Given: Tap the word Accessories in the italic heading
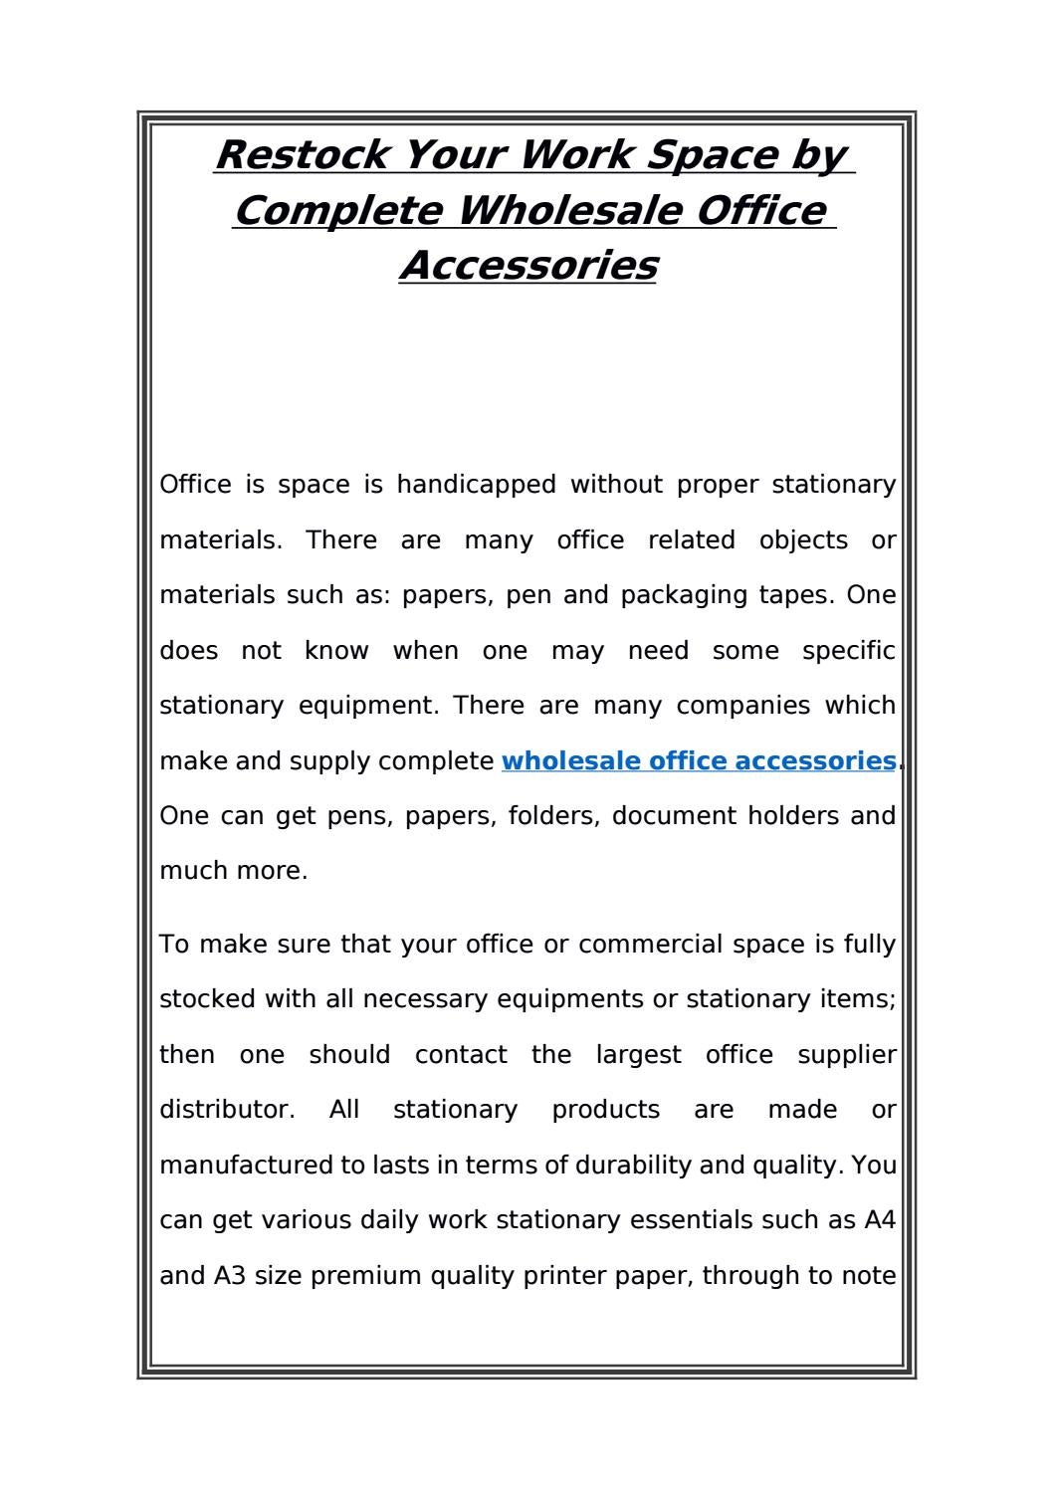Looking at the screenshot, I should pyautogui.click(x=527, y=266).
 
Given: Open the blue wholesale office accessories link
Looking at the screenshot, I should pyautogui.click(x=699, y=761).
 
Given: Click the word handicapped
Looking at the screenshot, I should pyautogui.click(x=476, y=486).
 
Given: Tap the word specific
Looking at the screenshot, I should pyautogui.click(x=849, y=651).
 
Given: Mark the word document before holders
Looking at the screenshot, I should pyautogui.click(x=672, y=816).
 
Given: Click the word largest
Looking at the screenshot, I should pyautogui.click(x=638, y=1055).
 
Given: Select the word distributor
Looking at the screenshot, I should pyautogui.click(x=227, y=1110).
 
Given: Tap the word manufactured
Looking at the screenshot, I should pyautogui.click(x=246, y=1166).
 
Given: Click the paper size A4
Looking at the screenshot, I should pyautogui.click(x=880, y=1220).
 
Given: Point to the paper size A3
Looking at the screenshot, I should pyautogui.click(x=230, y=1276).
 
